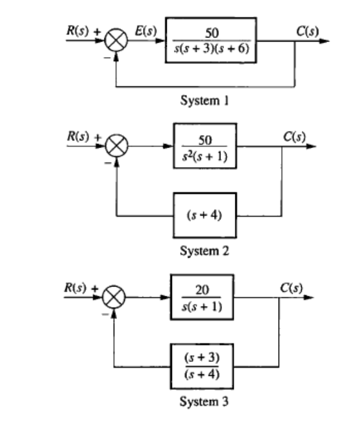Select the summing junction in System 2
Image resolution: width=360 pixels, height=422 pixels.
pos(118,146)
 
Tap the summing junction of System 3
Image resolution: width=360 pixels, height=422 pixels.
pos(114,298)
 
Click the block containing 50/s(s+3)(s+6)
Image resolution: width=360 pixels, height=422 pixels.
pos(211,42)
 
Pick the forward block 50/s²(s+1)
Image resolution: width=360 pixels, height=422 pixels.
pos(205,146)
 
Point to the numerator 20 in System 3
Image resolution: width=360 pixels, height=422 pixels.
pos(202,289)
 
